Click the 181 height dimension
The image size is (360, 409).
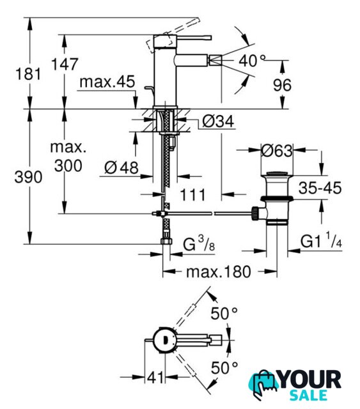(28, 74)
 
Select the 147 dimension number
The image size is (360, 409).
(65, 64)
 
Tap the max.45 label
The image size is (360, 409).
(107, 82)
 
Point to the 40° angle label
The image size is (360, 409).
(252, 61)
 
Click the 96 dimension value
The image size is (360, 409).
(282, 85)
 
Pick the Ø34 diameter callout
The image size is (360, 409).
(218, 121)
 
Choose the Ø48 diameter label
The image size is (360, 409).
(121, 167)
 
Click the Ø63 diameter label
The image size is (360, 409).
(277, 151)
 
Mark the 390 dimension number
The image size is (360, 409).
(28, 177)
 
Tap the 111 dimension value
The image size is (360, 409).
(192, 195)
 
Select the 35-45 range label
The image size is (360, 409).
(320, 187)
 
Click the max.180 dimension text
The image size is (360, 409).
(219, 272)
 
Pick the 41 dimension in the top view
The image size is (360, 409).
(155, 378)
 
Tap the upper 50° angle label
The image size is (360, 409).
(224, 313)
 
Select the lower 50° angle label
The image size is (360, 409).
(224, 368)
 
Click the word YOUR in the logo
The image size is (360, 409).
(310, 380)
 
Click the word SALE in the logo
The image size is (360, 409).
(309, 395)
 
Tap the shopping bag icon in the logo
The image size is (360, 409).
(263, 383)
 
